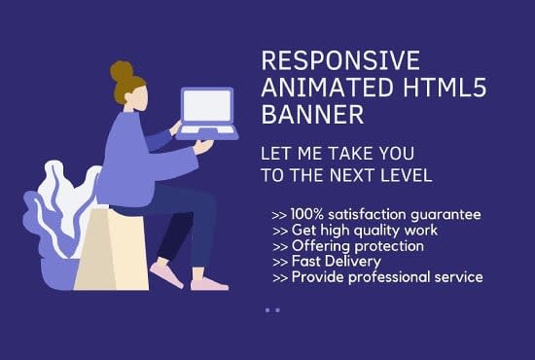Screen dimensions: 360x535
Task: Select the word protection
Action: (389, 245)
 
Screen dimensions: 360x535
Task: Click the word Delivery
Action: (355, 261)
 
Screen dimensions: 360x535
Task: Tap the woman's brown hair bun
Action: (122, 71)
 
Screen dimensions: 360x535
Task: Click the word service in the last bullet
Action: (458, 276)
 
